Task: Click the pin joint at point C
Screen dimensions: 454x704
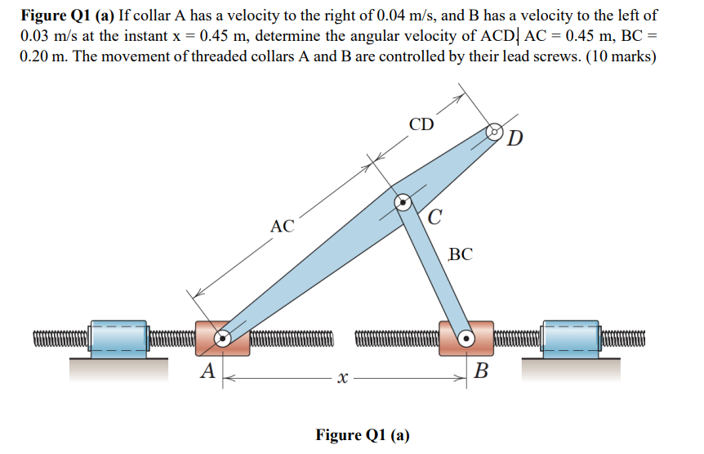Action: (x=403, y=202)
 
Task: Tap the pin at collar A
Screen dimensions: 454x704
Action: (x=222, y=337)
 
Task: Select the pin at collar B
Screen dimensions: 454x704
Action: (x=466, y=337)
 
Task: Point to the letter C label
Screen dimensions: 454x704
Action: (x=435, y=218)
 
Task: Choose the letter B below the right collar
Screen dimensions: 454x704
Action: (x=482, y=373)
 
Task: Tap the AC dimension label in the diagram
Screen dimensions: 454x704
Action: (x=283, y=227)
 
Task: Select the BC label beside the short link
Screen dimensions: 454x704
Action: (x=461, y=254)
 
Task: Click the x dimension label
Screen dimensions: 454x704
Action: (x=341, y=378)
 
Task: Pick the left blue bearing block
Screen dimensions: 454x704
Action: (x=118, y=337)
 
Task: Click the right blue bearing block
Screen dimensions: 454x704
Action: (x=570, y=337)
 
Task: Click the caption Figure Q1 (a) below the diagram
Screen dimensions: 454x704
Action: (x=363, y=434)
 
